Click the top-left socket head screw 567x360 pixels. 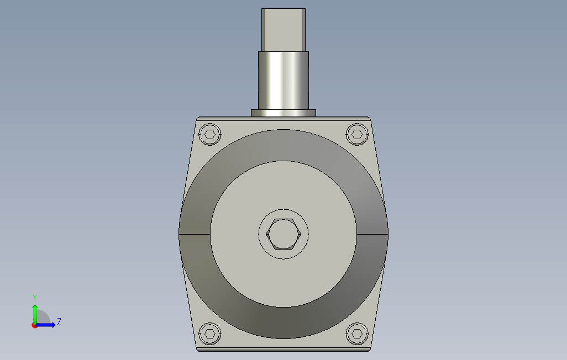(x=210, y=135)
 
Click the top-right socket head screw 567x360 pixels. (x=357, y=135)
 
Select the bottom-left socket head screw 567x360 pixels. (x=210, y=333)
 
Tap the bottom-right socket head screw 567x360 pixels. (x=357, y=333)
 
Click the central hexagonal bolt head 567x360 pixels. (x=283, y=234)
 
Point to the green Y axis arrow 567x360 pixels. (x=35, y=314)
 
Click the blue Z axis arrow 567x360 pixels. (x=45, y=325)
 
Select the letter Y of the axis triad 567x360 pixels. (x=35, y=298)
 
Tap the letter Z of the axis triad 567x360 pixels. (x=59, y=321)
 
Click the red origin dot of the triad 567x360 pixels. (x=34, y=326)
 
